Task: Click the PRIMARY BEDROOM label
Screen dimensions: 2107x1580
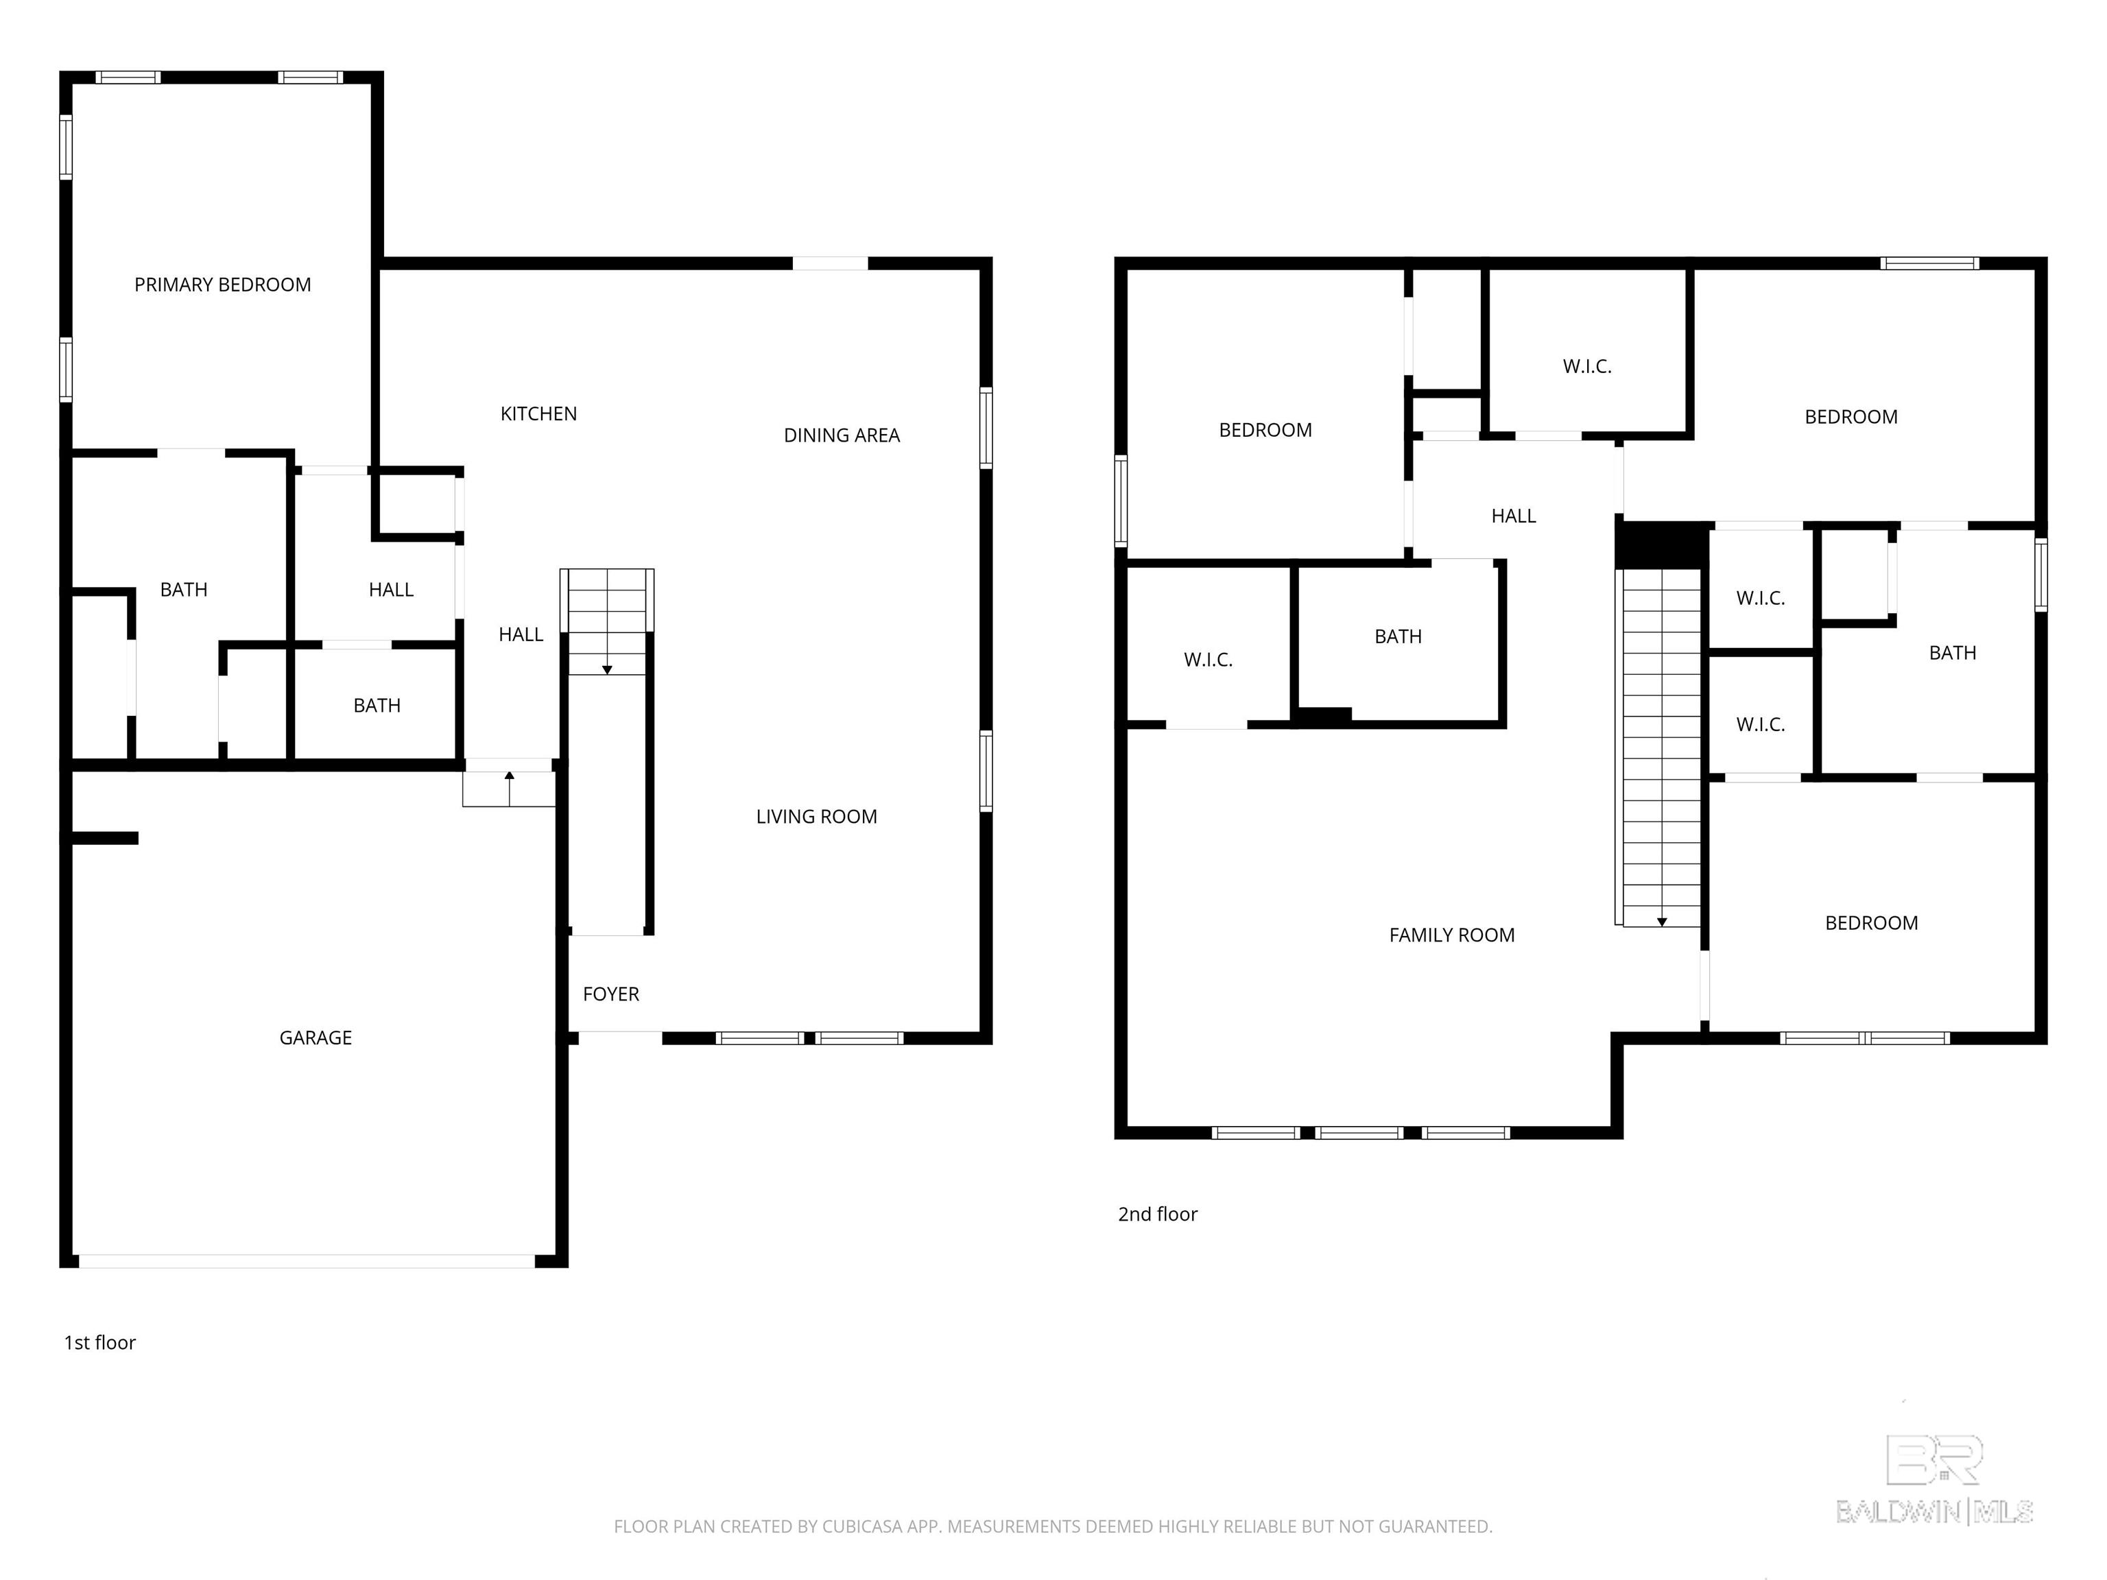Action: tap(222, 285)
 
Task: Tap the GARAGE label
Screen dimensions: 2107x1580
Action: tap(316, 1038)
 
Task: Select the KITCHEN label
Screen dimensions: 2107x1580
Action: tap(538, 414)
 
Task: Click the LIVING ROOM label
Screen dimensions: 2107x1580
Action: tap(816, 816)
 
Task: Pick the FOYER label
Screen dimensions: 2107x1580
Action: tap(610, 994)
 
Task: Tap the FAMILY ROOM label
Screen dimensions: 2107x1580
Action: tap(1452, 935)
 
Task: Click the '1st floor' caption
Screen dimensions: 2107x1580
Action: tap(100, 1343)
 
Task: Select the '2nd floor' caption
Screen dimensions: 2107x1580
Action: tap(1157, 1214)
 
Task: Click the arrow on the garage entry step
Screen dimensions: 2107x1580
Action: tap(510, 789)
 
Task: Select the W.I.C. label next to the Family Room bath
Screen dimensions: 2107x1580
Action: tap(1208, 660)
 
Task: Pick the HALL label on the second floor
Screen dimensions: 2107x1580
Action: tap(1514, 516)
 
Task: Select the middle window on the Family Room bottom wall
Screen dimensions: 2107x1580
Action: tap(1359, 1132)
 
